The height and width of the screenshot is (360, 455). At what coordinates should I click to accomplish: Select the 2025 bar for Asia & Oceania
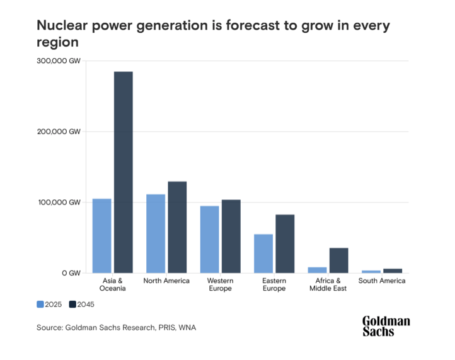(101, 236)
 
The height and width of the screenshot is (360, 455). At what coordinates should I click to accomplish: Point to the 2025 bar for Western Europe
(209, 239)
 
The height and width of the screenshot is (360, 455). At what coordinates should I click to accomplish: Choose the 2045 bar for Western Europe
(231, 236)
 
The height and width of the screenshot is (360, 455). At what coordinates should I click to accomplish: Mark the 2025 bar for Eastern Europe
(263, 253)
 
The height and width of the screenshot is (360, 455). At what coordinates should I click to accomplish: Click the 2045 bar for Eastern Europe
(285, 243)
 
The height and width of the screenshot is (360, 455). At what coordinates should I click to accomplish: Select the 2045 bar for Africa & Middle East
(338, 260)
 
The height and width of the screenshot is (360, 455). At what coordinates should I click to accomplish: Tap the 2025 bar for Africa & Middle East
(317, 270)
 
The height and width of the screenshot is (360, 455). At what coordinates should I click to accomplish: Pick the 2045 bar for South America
(392, 270)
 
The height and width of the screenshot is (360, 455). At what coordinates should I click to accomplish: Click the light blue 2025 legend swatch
(40, 305)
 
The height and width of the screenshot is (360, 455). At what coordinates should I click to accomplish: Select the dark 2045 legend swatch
(72, 305)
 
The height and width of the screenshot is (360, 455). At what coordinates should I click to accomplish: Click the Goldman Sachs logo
(386, 326)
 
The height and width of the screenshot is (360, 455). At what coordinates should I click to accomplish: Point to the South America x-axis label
(381, 281)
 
